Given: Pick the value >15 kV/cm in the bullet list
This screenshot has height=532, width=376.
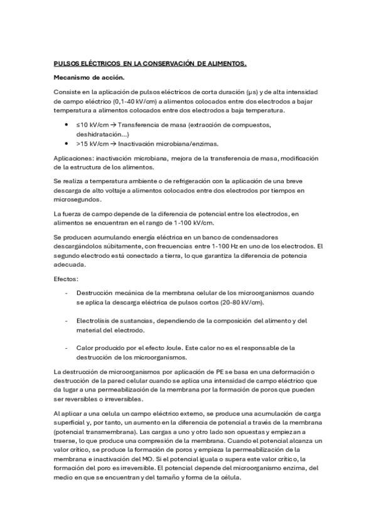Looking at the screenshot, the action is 93,143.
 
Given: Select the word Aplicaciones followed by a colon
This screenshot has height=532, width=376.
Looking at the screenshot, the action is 73,159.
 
